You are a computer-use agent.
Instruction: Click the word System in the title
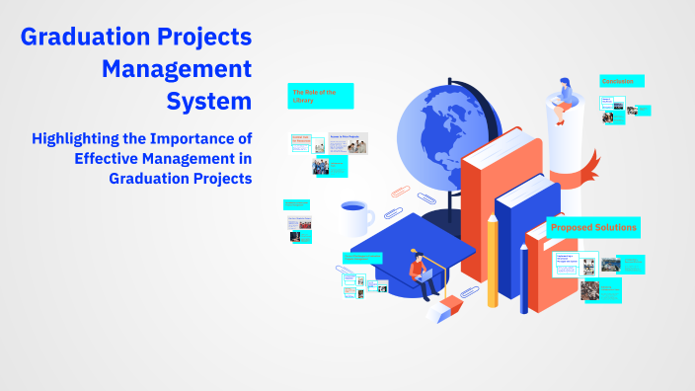(x=208, y=101)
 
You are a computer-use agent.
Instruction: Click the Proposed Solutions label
(x=593, y=228)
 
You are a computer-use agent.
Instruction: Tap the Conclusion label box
(x=621, y=81)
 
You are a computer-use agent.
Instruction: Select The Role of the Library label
(x=320, y=96)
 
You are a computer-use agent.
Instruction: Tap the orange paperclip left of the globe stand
(x=399, y=195)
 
